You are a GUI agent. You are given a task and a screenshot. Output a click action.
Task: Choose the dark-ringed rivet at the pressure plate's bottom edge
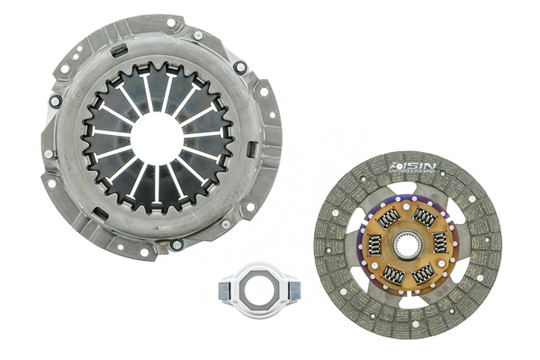point(177,244)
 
